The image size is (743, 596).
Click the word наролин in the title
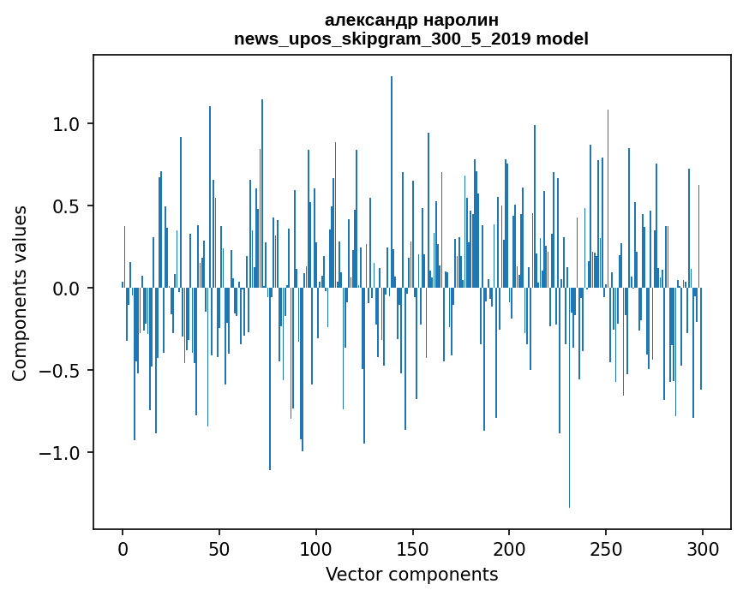click(463, 20)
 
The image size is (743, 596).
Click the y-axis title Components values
click(20, 292)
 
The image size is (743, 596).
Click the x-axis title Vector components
click(411, 574)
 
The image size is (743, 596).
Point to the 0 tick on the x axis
click(123, 548)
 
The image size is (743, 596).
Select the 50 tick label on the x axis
click(219, 548)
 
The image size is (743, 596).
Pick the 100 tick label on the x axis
click(316, 548)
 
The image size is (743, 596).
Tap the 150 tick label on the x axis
click(412, 548)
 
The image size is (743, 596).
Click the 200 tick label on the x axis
click(509, 548)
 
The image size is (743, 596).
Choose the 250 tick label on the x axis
click(606, 548)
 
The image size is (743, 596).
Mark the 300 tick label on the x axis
click(703, 548)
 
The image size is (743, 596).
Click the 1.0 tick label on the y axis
click(66, 124)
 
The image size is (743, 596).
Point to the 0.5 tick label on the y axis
click(66, 206)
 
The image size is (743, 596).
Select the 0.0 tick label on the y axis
click(66, 289)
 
